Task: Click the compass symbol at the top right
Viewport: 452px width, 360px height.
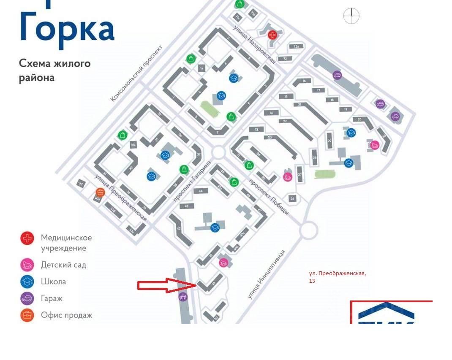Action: (x=351, y=16)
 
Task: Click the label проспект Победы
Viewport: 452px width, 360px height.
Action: (x=269, y=197)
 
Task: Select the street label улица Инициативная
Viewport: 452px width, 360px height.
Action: (x=266, y=274)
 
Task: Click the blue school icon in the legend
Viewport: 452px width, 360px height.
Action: (x=27, y=282)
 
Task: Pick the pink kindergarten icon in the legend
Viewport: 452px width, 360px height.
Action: (x=27, y=265)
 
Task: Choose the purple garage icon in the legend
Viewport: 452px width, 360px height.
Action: (x=27, y=298)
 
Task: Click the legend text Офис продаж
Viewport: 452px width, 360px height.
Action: (x=66, y=315)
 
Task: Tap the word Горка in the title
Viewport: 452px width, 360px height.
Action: (x=67, y=29)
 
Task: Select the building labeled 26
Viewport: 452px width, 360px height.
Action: (x=292, y=198)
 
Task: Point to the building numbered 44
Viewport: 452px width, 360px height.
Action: (x=201, y=191)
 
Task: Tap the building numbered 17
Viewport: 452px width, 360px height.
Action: (x=319, y=90)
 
